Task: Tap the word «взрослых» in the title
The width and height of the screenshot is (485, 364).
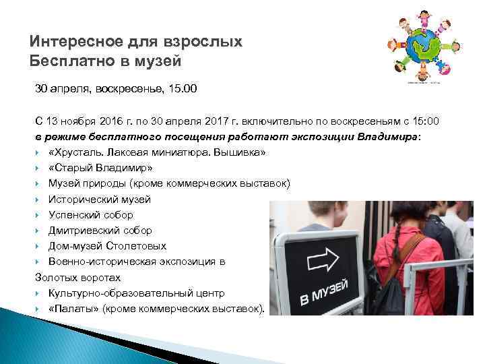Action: (208, 42)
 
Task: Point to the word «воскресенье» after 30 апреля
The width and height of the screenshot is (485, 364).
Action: (127, 88)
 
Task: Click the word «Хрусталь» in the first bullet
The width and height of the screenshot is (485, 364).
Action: (77, 152)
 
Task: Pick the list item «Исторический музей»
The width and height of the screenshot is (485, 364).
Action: (100, 200)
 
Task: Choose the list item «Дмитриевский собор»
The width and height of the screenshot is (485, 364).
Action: (100, 231)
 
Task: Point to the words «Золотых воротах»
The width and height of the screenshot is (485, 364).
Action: (77, 277)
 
